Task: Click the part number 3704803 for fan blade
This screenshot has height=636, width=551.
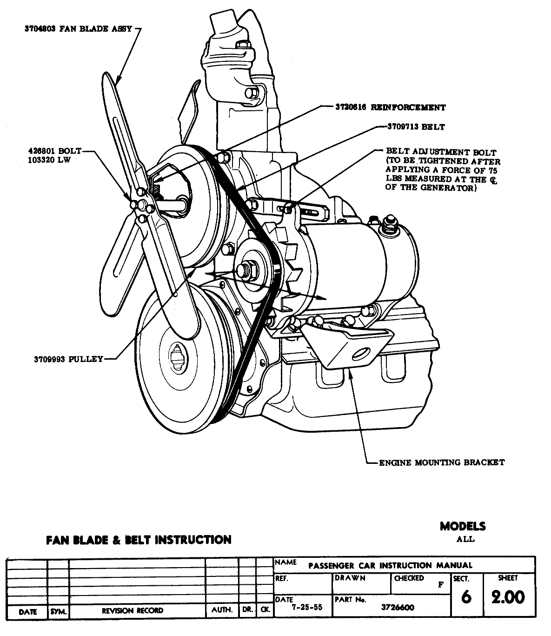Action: (x=40, y=29)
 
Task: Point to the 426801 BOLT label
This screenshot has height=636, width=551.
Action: (x=54, y=151)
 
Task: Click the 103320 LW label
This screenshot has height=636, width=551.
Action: (x=51, y=159)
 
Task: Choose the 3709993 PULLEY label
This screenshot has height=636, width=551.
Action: (x=68, y=359)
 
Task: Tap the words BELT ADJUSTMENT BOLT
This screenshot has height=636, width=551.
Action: (x=441, y=152)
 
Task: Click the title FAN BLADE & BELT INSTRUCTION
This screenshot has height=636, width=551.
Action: (x=139, y=540)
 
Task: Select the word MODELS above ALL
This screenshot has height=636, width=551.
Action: (x=463, y=526)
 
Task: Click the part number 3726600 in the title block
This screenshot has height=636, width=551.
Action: (x=398, y=608)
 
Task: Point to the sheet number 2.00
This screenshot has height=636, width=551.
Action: (x=508, y=597)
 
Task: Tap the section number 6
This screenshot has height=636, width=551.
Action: (x=466, y=597)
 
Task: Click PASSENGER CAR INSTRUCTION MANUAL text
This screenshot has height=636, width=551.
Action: (x=390, y=566)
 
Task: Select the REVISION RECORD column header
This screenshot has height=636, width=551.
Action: (x=133, y=611)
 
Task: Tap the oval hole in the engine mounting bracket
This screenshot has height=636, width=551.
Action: (x=360, y=355)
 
